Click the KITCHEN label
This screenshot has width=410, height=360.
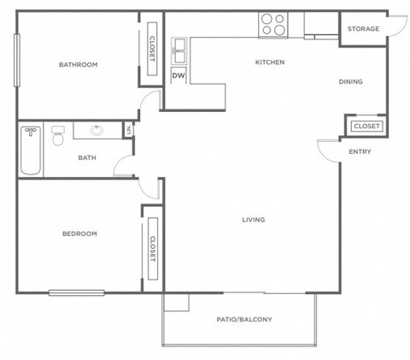pyautogui.click(x=269, y=62)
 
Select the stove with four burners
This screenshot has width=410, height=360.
pyautogui.click(x=272, y=24)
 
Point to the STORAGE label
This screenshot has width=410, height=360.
pyautogui.click(x=362, y=29)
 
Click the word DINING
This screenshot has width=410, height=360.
pyautogui.click(x=350, y=82)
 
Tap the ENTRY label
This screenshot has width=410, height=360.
pyautogui.click(x=360, y=152)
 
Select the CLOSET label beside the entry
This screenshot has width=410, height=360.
pyautogui.click(x=366, y=127)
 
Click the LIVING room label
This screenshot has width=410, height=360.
pyautogui.click(x=253, y=220)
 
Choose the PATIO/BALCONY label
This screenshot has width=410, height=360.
pyautogui.click(x=243, y=320)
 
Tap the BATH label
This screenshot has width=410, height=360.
pyautogui.click(x=86, y=157)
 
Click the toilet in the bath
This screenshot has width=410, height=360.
pyautogui.click(x=58, y=136)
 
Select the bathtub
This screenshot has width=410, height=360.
pyautogui.click(x=31, y=150)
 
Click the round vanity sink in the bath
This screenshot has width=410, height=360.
pyautogui.click(x=96, y=131)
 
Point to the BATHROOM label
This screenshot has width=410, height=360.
pyautogui.click(x=77, y=65)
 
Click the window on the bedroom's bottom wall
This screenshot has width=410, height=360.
pyautogui.click(x=76, y=292)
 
